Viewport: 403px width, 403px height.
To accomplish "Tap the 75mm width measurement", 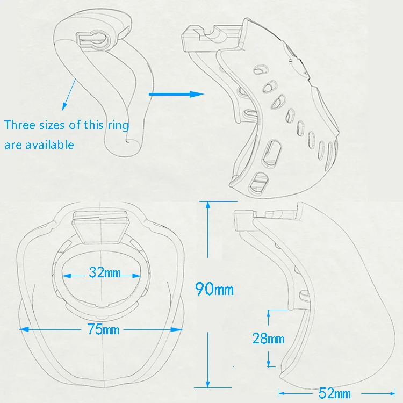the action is [96, 329].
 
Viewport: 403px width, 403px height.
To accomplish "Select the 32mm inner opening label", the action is [105, 272].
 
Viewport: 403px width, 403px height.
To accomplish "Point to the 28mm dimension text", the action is [268, 338].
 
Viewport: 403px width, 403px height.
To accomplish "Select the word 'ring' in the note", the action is [118, 125].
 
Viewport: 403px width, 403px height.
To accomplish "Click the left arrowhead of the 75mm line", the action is [21, 329].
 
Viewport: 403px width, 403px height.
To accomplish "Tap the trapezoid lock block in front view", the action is [100, 226].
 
